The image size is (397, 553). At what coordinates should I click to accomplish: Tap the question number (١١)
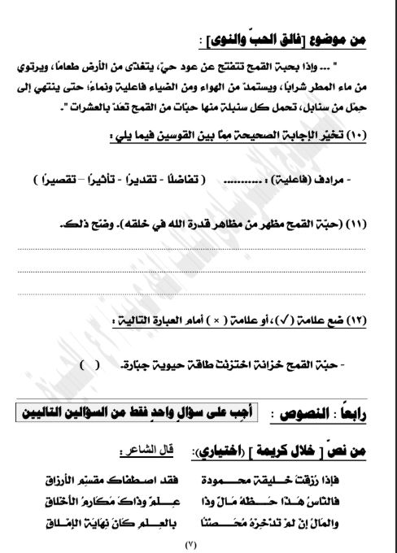tap(357, 224)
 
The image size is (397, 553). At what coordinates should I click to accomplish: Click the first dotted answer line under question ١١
tap(199, 249)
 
